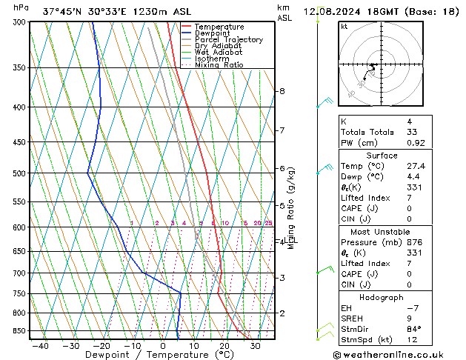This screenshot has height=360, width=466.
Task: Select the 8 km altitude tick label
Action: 282,91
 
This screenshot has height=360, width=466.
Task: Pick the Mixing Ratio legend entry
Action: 219,65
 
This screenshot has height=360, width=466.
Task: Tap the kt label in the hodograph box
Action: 344,26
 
